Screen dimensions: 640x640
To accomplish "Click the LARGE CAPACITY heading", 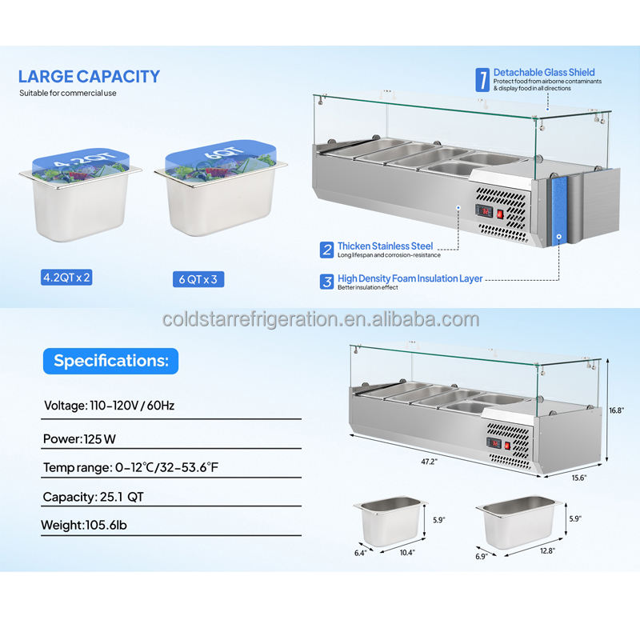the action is (x=89, y=77).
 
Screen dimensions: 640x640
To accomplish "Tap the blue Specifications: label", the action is (x=111, y=361).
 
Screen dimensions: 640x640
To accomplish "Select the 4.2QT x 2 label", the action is (x=68, y=278).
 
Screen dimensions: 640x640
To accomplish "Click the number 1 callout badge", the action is (x=482, y=79).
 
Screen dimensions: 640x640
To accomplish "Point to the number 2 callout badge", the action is (x=326, y=250).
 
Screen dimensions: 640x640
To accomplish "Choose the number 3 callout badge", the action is (x=326, y=282).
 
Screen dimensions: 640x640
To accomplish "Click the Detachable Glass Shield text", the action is (x=544, y=73).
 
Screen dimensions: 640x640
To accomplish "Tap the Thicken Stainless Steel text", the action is (x=385, y=246).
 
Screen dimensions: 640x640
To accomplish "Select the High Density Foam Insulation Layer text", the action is (x=410, y=278).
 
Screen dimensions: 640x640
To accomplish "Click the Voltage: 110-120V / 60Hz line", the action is (x=109, y=406).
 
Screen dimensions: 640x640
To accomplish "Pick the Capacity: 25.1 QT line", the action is (x=93, y=497).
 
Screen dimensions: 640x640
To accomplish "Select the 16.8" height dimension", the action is (x=616, y=410).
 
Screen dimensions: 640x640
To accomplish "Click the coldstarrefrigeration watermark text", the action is (x=320, y=320).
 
